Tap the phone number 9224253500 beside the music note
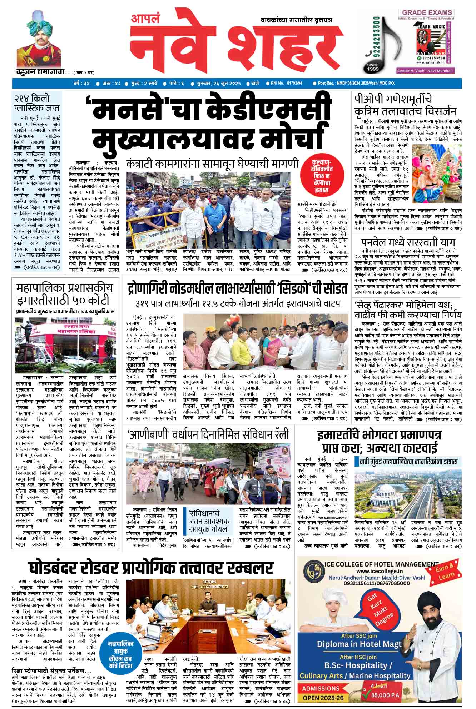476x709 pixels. (376, 37)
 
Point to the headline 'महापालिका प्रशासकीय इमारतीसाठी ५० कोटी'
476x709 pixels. (65, 293)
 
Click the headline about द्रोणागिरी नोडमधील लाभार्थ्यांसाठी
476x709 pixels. (237, 288)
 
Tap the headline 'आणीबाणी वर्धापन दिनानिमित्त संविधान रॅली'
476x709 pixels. (208, 435)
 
